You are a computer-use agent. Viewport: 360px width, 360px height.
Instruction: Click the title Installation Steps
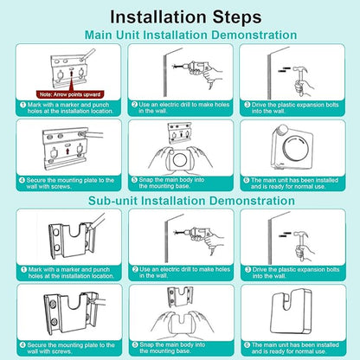click(x=186, y=17)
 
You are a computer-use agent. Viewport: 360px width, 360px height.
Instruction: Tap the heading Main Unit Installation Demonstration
click(x=190, y=35)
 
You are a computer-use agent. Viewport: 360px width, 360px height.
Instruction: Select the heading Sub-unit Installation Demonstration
click(x=191, y=201)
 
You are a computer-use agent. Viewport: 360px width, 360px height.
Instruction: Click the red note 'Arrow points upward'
click(x=70, y=94)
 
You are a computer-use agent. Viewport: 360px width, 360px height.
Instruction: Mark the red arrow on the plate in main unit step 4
click(x=67, y=151)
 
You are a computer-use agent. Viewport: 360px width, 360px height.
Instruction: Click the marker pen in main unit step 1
click(x=87, y=55)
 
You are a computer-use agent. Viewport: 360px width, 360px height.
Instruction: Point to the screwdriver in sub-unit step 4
click(x=98, y=302)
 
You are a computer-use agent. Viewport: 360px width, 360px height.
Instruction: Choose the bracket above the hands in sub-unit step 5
click(x=180, y=297)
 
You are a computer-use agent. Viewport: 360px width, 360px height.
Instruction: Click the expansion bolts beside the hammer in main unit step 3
click(x=284, y=69)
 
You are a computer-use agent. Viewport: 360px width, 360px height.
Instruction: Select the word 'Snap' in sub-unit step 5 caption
click(x=147, y=344)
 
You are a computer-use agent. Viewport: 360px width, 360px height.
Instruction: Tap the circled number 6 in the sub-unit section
click(x=247, y=345)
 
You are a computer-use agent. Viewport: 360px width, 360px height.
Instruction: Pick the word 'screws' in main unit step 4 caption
click(x=62, y=187)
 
